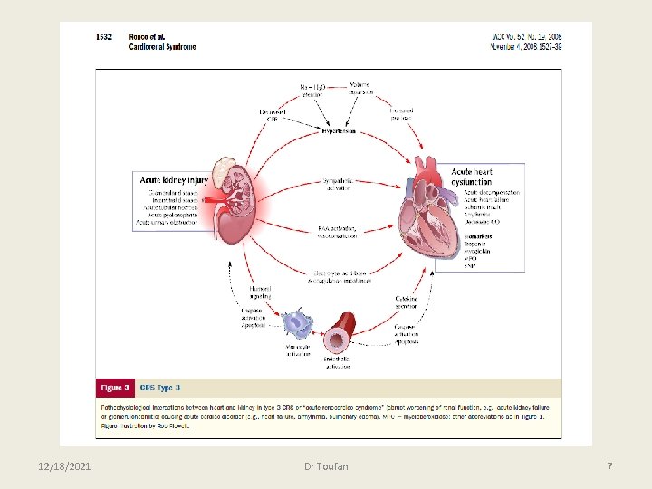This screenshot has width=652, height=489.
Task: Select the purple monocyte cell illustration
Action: click(296, 323)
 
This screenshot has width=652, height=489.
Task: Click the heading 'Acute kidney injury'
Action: click(172, 179)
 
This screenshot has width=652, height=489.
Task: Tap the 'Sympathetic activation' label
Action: click(337, 184)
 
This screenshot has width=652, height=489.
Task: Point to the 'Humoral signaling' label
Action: click(260, 292)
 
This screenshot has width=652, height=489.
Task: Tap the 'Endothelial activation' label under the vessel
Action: click(338, 362)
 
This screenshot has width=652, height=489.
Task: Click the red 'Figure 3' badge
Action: click(115, 388)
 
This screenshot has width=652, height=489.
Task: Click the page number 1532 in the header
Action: click(106, 37)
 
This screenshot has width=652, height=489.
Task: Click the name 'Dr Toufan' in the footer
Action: click(326, 465)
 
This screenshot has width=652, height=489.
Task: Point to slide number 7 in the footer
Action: click(609, 465)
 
